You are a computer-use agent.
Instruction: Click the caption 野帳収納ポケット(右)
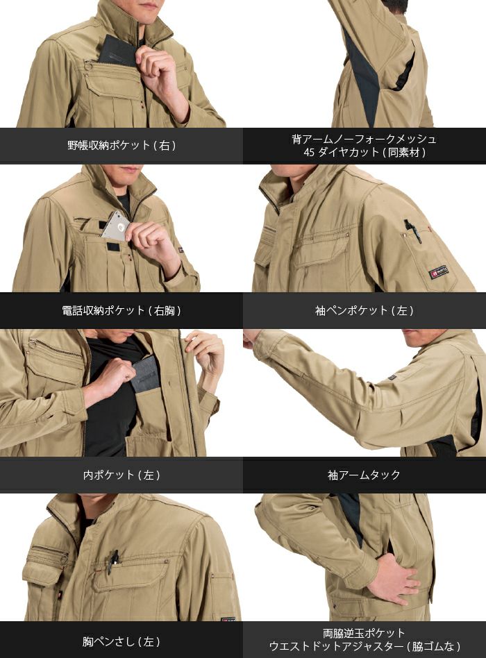pos(121,145)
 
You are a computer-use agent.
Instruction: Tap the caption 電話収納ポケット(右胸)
pos(121,310)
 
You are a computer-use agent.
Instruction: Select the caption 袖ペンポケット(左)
pos(364,310)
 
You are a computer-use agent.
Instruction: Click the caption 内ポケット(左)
pos(121,475)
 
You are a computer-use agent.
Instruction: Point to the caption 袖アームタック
pos(364,475)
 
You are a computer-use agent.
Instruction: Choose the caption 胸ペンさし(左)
pos(121,641)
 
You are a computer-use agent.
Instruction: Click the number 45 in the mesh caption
pos(309,152)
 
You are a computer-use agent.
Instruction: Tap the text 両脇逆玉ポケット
pos(364,633)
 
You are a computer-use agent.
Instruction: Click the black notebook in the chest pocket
pos(118,51)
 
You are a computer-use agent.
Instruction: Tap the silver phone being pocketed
pos(116,226)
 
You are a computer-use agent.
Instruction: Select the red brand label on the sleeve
pos(438,272)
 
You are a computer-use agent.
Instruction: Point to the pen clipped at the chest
pos(112,561)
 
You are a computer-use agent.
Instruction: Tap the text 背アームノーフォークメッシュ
pos(364,139)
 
